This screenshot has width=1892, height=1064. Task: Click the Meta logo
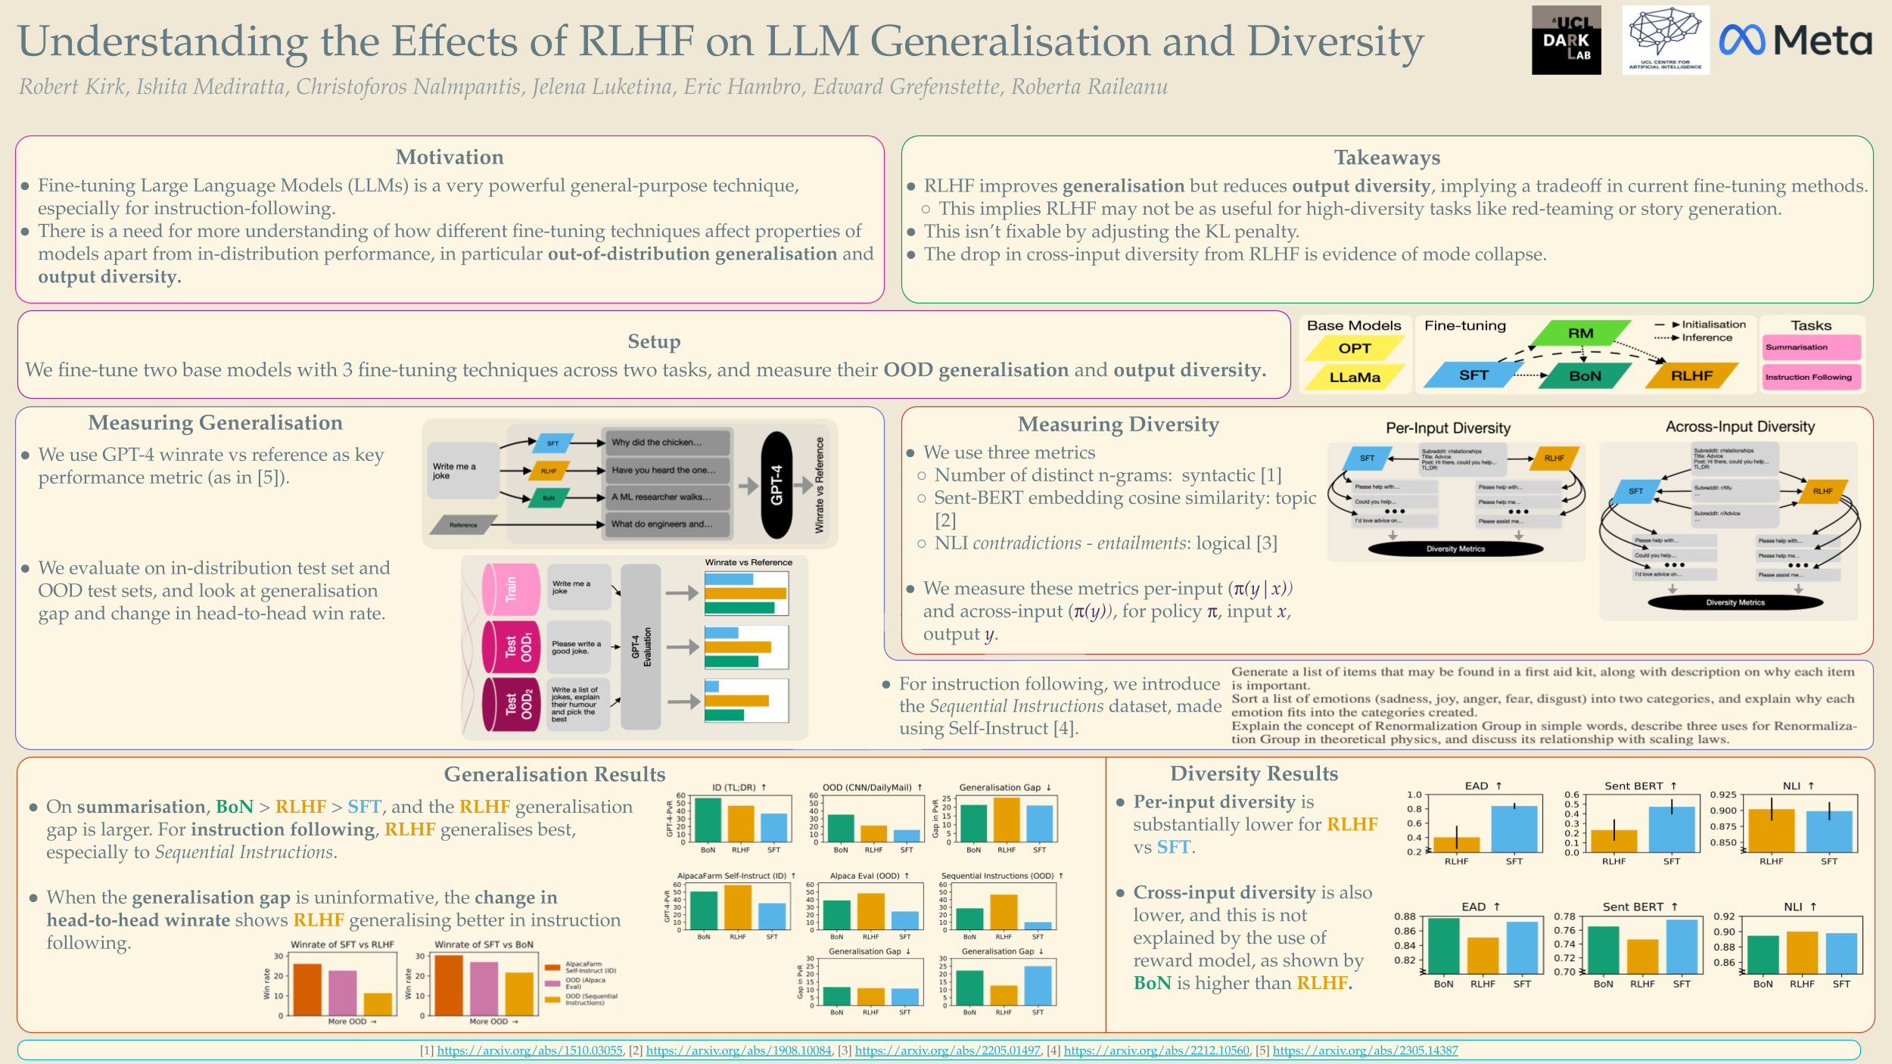tap(1795, 40)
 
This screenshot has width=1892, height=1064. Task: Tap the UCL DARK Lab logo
tap(1566, 40)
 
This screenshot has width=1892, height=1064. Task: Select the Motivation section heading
tap(450, 157)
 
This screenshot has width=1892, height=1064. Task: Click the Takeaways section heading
tap(1386, 157)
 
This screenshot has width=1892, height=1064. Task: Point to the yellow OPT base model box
tap(1355, 348)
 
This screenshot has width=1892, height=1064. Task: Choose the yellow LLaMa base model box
tap(1355, 377)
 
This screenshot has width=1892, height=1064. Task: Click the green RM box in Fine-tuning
tap(1580, 333)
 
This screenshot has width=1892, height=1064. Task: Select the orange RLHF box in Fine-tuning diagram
tap(1691, 375)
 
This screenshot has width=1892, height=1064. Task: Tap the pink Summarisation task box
tap(1810, 347)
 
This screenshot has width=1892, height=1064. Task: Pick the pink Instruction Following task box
tap(1810, 376)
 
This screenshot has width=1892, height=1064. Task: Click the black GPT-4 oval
tap(776, 485)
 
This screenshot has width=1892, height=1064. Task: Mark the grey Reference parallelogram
tap(463, 524)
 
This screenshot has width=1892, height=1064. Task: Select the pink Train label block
tap(512, 589)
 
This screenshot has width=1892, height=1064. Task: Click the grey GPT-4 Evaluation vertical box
tap(641, 646)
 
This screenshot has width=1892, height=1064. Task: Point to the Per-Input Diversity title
tap(1448, 428)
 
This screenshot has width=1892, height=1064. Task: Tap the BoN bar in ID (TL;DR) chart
tap(708, 820)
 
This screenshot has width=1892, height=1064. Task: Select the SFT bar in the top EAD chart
tap(1514, 829)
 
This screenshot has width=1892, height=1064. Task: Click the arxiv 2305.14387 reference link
tap(1365, 1050)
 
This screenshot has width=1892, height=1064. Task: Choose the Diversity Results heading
tap(1253, 773)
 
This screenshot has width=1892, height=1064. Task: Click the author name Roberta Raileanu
tap(1089, 87)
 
